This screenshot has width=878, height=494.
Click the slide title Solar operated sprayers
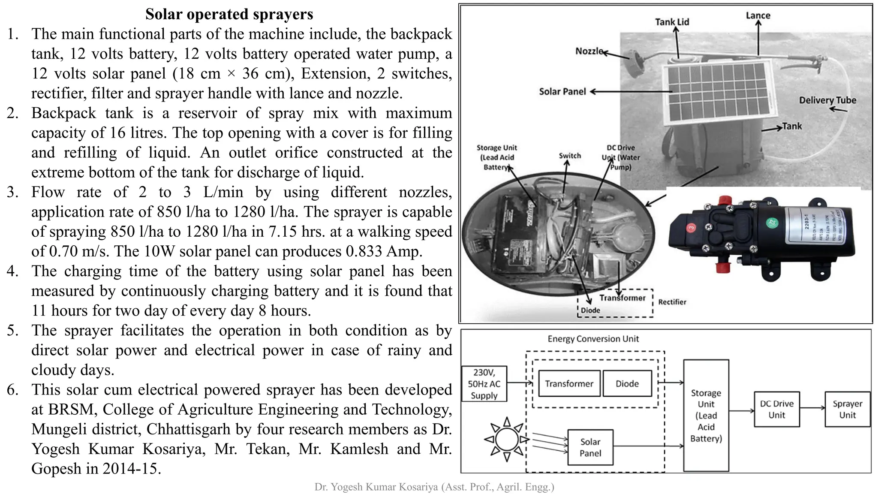pos(229,14)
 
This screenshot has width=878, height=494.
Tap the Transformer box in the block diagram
pos(569,383)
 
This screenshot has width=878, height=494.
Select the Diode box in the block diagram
pos(627,383)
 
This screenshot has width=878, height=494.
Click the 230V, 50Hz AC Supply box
pos(484,384)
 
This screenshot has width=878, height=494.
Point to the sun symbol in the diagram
pos(507,439)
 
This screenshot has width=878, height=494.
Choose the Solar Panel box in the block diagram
pos(590,447)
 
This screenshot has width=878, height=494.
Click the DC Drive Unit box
pos(776,409)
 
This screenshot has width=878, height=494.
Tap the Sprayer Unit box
pos(847,409)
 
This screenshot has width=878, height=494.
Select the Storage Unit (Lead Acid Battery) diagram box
pos(706,415)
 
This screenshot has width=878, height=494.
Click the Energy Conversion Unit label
pos(593,339)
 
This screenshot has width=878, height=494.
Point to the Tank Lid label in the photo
pos(672,22)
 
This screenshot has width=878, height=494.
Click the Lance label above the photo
pos(758,15)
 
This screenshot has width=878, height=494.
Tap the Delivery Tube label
pos(827,100)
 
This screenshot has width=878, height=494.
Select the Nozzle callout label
pos(589,51)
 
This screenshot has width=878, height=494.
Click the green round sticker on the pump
pos(771,223)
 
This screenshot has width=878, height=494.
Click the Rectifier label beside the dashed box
pos(672,302)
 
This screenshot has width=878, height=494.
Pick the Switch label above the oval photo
pos(570,156)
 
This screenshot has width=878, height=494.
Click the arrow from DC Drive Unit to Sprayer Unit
pos(812,408)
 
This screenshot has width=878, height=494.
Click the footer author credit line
pos(434,487)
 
